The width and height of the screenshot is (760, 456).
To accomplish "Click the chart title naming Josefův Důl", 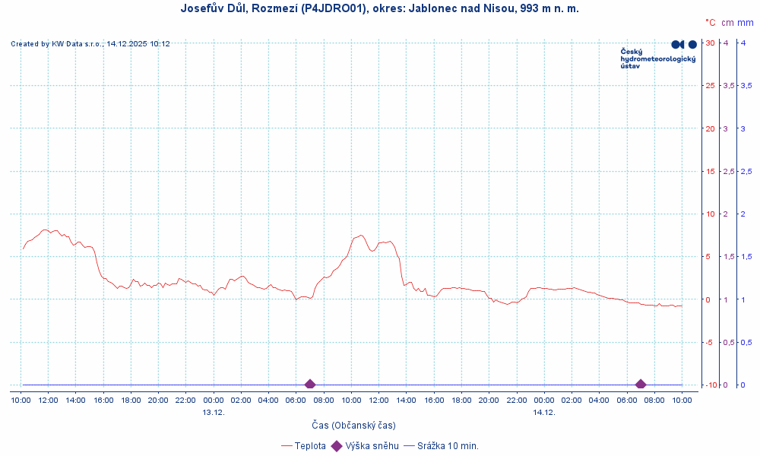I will (380, 8).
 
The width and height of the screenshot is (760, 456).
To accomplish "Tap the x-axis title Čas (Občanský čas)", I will (353, 425).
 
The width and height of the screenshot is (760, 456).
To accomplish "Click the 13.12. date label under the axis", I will (214, 413).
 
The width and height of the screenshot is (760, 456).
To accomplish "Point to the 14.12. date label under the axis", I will (544, 413).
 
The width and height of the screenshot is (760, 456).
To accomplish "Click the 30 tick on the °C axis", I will (710, 43).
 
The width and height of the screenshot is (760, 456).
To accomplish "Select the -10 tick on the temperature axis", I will (710, 385).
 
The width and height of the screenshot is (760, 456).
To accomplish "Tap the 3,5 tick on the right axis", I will (747, 85).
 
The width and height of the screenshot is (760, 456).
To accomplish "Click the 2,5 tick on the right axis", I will (747, 171).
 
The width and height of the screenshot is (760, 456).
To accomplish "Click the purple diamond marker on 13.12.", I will (310, 385).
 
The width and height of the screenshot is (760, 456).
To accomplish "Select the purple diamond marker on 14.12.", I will (641, 385).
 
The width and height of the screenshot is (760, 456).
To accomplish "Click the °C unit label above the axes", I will (711, 24).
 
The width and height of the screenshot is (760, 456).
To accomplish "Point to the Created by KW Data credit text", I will (90, 44).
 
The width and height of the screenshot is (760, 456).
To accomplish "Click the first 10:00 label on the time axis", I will (21, 400).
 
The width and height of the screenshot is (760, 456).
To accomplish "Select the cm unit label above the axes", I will (728, 24).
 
